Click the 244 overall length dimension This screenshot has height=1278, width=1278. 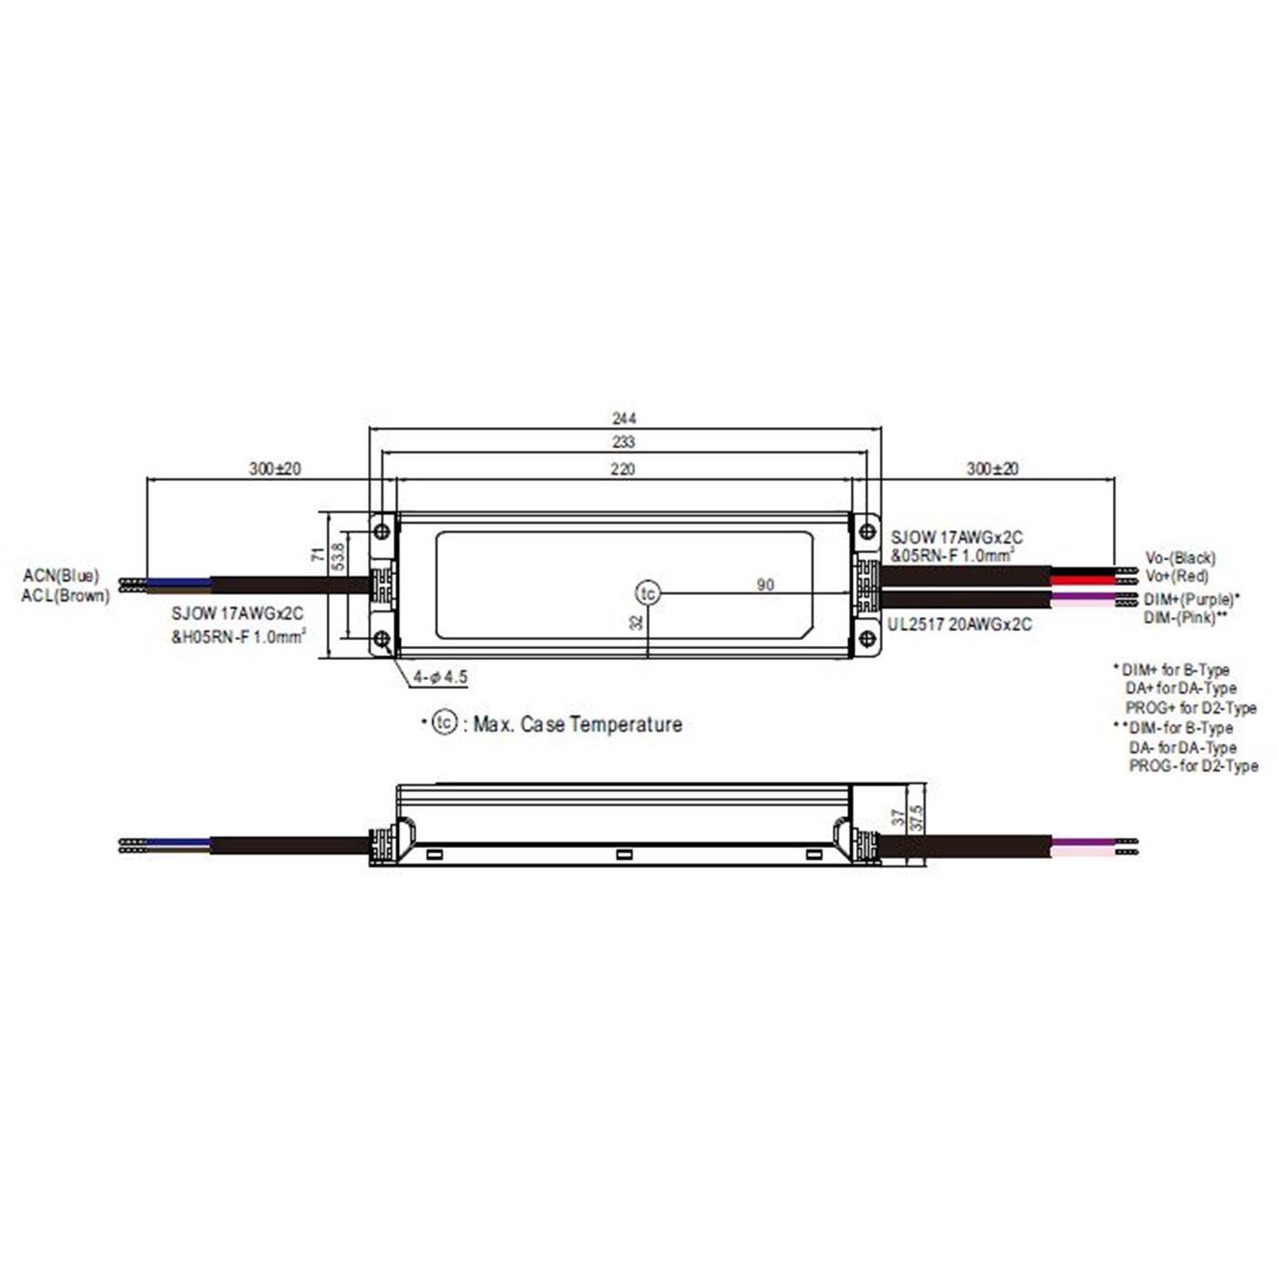(x=623, y=418)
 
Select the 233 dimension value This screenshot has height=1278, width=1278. (x=623, y=442)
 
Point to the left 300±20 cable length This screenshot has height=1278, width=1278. (x=275, y=468)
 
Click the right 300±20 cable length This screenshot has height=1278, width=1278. (x=992, y=468)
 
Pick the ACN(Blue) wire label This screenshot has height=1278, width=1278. (x=61, y=576)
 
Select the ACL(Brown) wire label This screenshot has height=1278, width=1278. (x=65, y=596)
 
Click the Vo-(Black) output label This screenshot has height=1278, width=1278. (x=1180, y=557)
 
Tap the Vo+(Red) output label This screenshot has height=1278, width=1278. (x=1177, y=576)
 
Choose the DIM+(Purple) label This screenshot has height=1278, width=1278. (x=1190, y=600)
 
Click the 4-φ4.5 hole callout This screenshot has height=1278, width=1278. (x=440, y=676)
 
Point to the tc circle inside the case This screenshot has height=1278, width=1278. (x=647, y=593)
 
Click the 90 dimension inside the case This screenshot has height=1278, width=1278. (x=765, y=584)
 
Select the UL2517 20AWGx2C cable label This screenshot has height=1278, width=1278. (x=959, y=624)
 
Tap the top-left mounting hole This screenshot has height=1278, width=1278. (x=382, y=530)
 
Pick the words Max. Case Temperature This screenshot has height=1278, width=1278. (x=577, y=724)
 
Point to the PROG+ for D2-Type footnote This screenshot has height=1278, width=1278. (x=1190, y=708)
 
